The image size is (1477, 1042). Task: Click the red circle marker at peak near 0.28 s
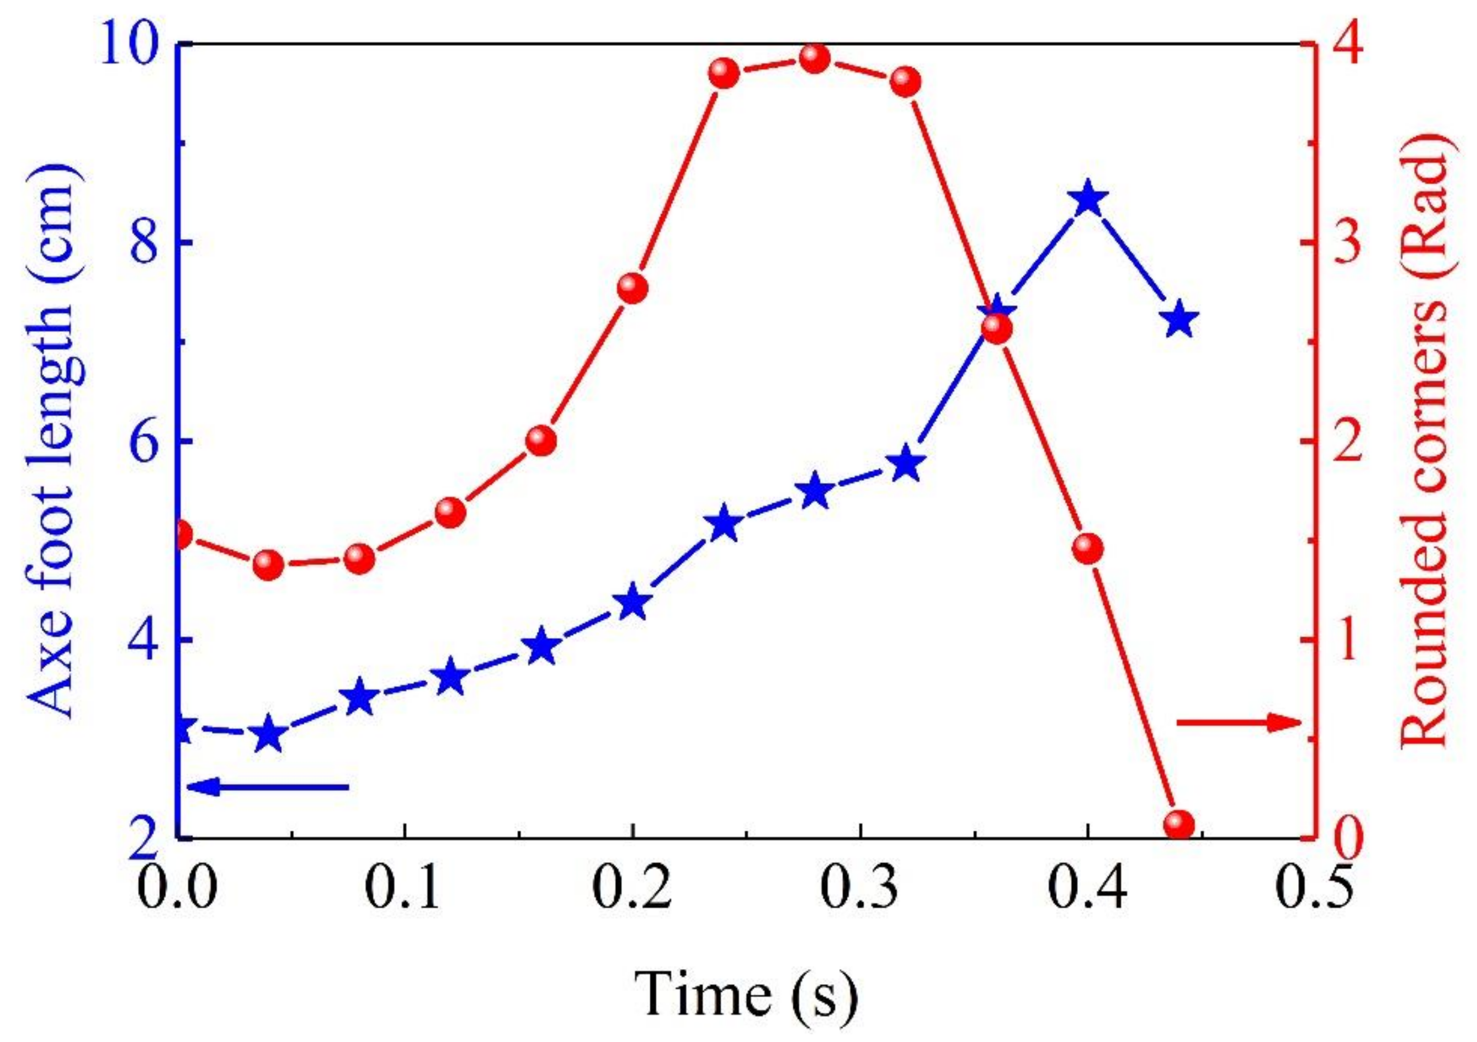815,60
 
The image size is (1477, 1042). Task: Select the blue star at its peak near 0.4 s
1087,199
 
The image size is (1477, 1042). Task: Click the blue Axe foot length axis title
51,440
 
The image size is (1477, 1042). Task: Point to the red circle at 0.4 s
1087,549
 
